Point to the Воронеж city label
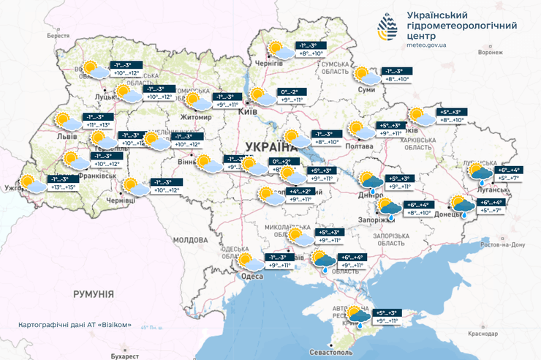tap(490, 53)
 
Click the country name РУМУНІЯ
tap(94, 293)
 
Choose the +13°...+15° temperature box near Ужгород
tap(61, 187)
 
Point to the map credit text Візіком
tap(116, 325)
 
